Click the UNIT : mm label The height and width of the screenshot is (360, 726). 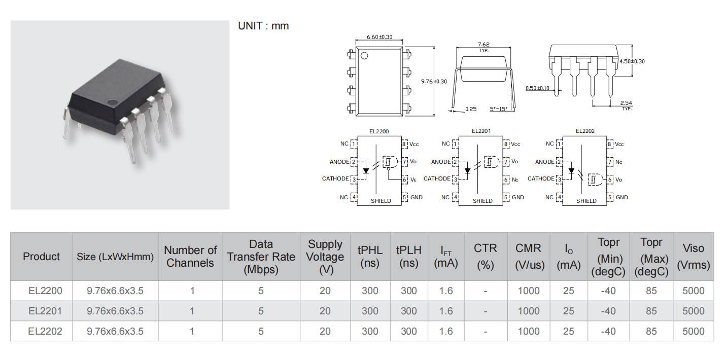coord(263,26)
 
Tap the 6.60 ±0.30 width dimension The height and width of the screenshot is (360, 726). coord(379,37)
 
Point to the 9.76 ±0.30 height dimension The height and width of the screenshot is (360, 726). coord(434,81)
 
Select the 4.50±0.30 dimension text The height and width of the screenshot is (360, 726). coord(632,61)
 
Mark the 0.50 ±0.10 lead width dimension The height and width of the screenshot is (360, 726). coord(537,88)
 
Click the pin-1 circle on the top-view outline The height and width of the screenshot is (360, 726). coord(364,56)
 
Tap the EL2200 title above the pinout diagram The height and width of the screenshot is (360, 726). coord(379,131)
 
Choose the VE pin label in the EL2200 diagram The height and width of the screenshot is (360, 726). coord(413,179)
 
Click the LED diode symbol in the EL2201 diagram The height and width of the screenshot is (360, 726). coord(467,171)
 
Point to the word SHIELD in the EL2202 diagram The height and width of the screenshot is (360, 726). coord(586,201)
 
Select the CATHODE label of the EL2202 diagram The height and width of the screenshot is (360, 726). coord(541,178)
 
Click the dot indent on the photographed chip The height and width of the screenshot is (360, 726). coord(113,103)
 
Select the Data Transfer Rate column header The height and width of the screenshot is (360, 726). coord(261,257)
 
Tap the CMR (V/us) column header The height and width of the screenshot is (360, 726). coord(529,257)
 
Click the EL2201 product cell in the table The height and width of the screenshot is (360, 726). coord(45,311)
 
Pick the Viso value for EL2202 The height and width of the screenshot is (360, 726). coord(693,331)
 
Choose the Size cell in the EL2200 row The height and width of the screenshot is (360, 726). coord(115,291)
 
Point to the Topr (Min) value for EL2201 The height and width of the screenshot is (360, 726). coord(608,311)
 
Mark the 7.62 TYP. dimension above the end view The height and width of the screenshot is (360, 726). coord(483,47)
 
